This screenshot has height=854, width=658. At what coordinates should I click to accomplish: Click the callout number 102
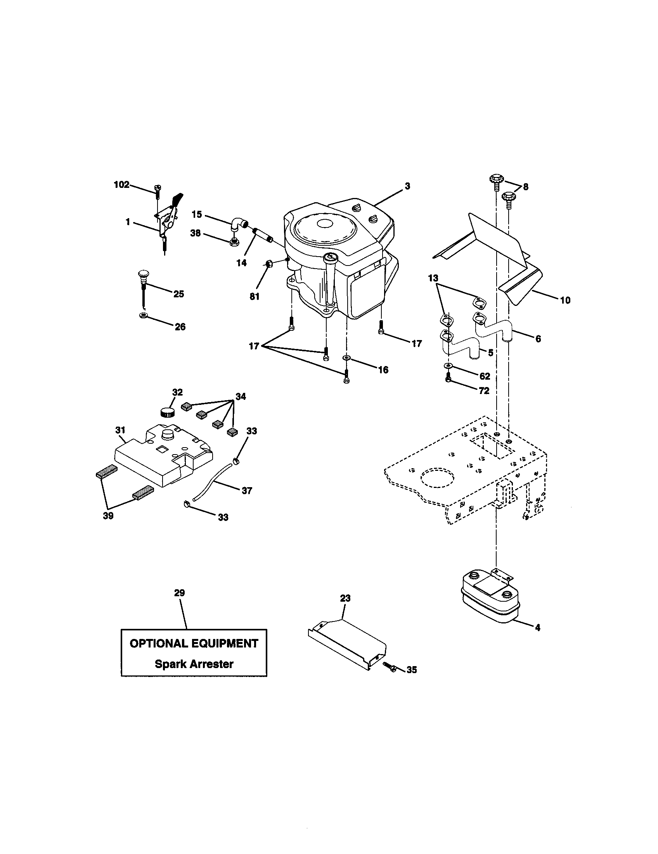coord(121,185)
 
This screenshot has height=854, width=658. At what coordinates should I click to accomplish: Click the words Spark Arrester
coord(194,664)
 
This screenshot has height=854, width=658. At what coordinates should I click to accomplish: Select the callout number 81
coord(255,297)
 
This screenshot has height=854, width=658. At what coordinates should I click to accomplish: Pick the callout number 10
coord(565,300)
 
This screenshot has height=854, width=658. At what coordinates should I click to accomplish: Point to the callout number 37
coord(246,490)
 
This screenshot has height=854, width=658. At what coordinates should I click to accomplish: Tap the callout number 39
coord(108,516)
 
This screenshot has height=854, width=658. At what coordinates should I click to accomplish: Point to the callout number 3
coord(407,186)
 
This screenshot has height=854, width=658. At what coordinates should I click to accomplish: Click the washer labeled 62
coord(447,366)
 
